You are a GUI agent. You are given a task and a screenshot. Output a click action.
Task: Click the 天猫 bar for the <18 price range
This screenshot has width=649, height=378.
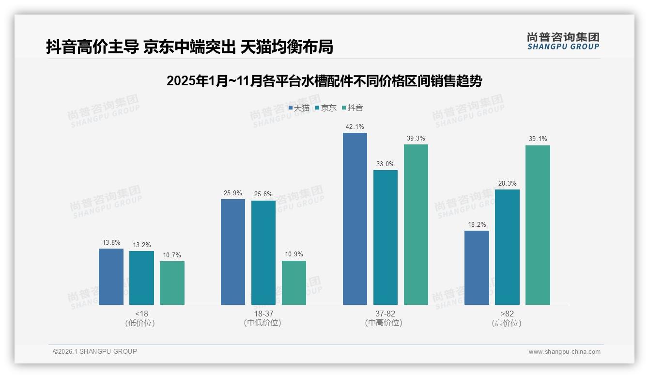click(x=111, y=277)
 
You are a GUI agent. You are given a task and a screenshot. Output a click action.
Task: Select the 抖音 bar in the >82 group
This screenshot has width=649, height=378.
click(x=538, y=225)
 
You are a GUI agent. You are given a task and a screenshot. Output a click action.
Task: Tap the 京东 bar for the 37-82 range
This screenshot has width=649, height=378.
click(x=386, y=237)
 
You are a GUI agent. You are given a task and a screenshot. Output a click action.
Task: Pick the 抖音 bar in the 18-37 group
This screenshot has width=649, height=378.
click(x=294, y=283)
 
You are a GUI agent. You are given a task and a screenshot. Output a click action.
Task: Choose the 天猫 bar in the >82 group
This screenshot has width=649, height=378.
click(x=477, y=268)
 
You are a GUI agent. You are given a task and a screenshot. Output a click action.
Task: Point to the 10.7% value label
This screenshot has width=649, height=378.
click(x=172, y=255)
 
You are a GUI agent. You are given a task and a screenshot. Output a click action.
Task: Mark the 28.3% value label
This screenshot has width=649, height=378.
click(x=507, y=184)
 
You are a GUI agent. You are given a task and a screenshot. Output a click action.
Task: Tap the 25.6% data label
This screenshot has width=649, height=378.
click(x=263, y=194)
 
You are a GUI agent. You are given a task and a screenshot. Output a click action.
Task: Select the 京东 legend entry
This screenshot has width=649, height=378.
click(x=325, y=108)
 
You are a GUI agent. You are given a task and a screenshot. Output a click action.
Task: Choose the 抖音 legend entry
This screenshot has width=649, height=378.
click(x=352, y=108)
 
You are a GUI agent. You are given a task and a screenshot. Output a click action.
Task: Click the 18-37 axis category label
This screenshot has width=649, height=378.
click(x=263, y=314)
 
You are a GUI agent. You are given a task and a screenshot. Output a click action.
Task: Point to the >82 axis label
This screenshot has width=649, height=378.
click(x=507, y=314)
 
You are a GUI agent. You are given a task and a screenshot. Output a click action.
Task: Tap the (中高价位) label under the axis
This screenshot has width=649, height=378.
click(x=384, y=323)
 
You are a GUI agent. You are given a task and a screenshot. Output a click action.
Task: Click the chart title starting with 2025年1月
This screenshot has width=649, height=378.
click(x=324, y=81)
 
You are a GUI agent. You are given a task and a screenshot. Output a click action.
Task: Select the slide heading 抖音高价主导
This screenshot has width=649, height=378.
click(x=189, y=47)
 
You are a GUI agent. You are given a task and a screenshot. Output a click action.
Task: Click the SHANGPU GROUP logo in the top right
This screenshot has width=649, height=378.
click(x=563, y=41)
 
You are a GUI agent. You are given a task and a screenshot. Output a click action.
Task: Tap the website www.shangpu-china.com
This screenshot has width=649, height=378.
click(x=564, y=352)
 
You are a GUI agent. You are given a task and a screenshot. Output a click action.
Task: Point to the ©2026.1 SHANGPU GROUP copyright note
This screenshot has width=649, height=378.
click(x=95, y=351)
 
